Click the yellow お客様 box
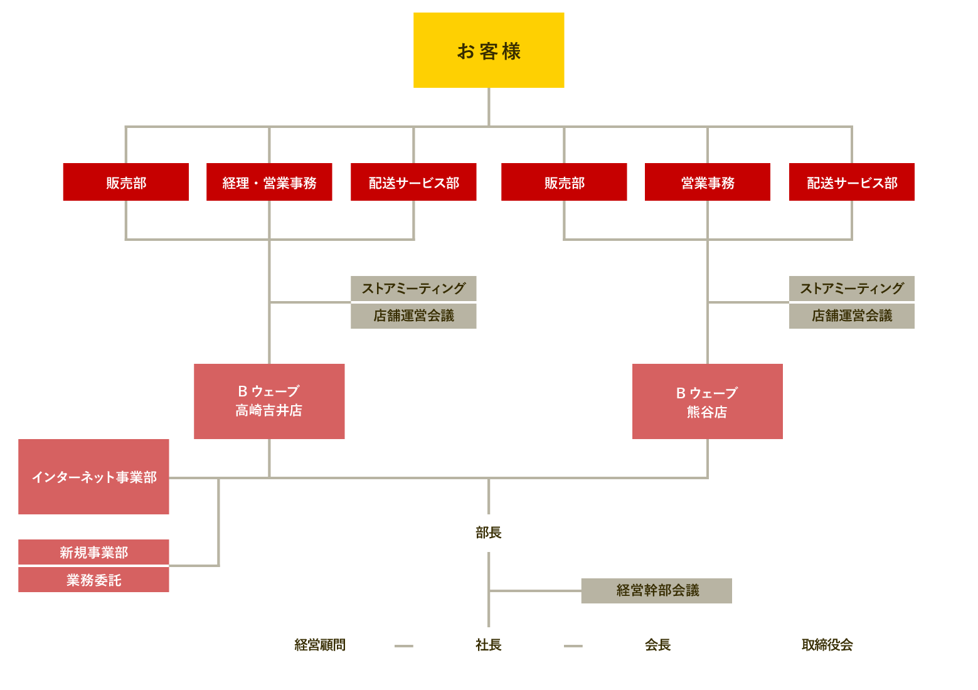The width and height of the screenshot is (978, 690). [x=489, y=50]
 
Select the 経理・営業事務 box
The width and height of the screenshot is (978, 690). [x=269, y=182]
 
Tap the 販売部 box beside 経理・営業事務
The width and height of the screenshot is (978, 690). [x=125, y=182]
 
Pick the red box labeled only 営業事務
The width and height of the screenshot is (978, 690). [x=707, y=182]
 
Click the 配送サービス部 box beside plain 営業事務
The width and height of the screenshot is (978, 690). [x=851, y=182]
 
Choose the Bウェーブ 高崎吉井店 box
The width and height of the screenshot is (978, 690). [x=269, y=401]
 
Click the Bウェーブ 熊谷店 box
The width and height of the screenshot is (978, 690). [x=707, y=401]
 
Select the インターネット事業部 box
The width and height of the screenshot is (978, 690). [x=93, y=477]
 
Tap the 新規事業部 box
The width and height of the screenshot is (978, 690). [x=93, y=552]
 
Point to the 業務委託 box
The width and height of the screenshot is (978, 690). [x=93, y=580]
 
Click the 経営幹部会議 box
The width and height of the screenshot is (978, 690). [x=656, y=590]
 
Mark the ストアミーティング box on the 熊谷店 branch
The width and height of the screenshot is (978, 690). [x=851, y=289]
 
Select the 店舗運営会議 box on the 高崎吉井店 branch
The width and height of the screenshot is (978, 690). [x=413, y=316]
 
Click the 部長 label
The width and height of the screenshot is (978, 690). [x=488, y=533]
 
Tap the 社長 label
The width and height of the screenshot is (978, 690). [x=488, y=645]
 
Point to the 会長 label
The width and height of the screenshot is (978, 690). [x=657, y=645]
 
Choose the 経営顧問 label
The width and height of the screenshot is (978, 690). [x=320, y=645]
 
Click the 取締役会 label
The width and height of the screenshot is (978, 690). [x=827, y=645]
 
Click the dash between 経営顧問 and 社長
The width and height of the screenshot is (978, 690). [x=404, y=645]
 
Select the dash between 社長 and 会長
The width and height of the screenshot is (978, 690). [x=573, y=645]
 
